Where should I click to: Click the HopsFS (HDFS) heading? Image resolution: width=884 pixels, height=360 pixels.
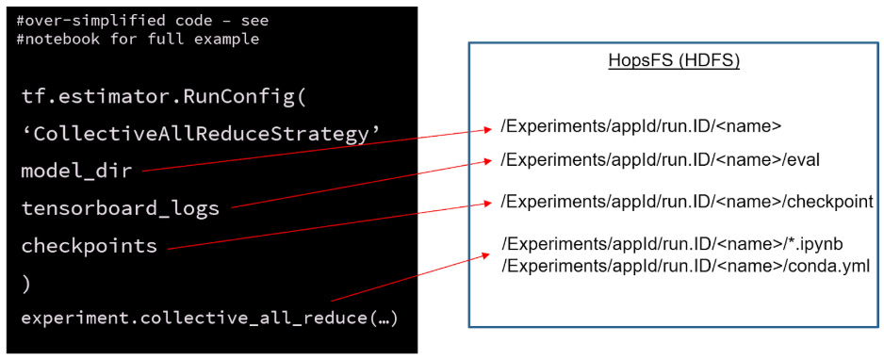[x=674, y=61]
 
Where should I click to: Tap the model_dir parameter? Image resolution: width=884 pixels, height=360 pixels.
[x=76, y=172]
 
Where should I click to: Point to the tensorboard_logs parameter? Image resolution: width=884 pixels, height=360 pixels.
[x=120, y=209]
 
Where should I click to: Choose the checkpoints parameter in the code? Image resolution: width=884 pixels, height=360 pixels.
[x=90, y=247]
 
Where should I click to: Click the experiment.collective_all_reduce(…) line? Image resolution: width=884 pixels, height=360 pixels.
[x=210, y=319]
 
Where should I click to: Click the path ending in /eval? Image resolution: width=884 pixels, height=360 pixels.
[x=660, y=160]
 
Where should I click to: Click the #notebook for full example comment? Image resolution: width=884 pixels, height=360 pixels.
[x=139, y=40]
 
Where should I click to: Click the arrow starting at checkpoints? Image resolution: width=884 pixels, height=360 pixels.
[x=329, y=223]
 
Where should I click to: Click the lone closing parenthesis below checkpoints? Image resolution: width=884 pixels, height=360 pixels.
[x=25, y=285]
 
